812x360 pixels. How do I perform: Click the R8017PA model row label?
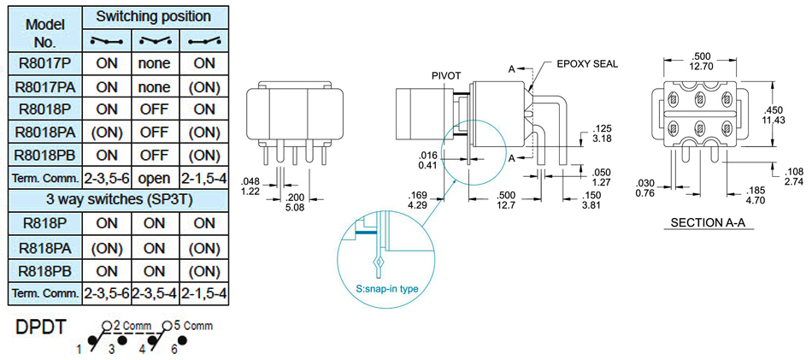44,87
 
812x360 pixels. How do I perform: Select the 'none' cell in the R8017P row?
155,63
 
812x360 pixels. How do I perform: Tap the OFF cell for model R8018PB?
155,156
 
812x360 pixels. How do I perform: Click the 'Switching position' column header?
155,16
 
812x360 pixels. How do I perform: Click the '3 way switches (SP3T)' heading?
118,202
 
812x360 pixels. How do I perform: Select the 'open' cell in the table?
155,179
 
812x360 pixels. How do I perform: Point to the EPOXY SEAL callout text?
586,64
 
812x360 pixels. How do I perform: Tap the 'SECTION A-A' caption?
705,224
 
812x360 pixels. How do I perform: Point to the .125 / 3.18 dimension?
602,133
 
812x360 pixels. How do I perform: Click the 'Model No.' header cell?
44,27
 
